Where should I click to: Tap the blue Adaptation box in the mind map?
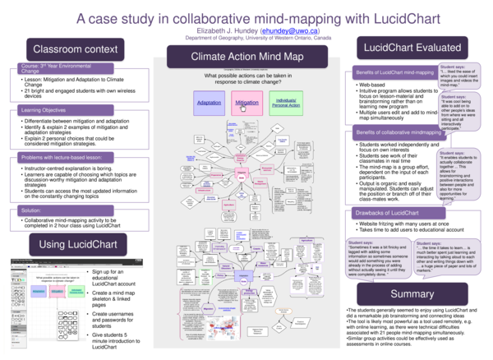[210, 104]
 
